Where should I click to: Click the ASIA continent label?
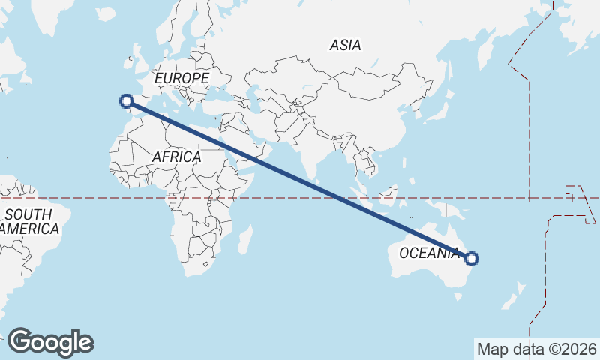click(x=345, y=46)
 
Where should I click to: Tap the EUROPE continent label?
click(x=181, y=78)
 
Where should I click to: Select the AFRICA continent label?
click(x=176, y=157)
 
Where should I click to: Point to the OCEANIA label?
click(x=428, y=253)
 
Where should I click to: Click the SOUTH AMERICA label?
click(x=28, y=222)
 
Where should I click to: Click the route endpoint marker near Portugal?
click(x=127, y=100)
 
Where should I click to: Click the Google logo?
click(x=51, y=342)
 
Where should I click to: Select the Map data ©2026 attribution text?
click(x=537, y=349)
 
